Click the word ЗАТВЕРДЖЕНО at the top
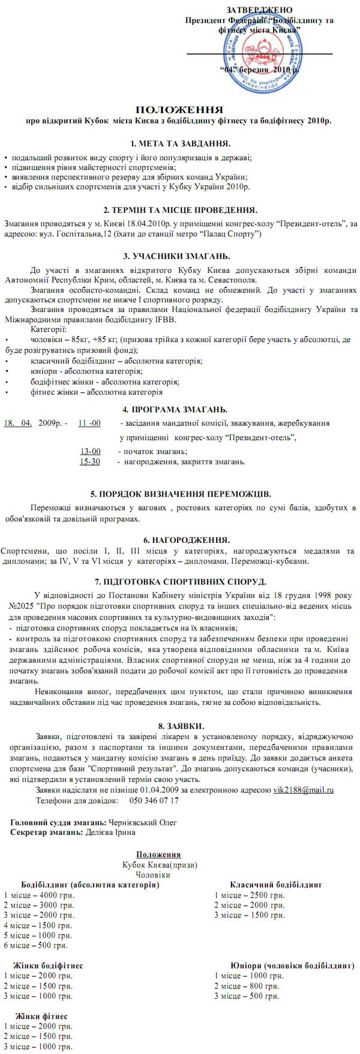coord(260,11)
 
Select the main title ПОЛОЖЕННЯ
coord(179,110)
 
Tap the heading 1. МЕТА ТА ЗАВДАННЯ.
coord(180,144)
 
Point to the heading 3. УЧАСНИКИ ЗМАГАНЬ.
coord(180,256)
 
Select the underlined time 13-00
coord(91,451)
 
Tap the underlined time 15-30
coord(90,461)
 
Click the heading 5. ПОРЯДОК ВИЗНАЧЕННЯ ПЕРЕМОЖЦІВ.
coord(180,494)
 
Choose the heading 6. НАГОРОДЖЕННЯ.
coord(180,540)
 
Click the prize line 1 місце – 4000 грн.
coord(39,895)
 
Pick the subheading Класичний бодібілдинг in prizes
coord(276,885)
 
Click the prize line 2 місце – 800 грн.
coord(246,986)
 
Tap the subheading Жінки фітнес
coord(41,1016)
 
